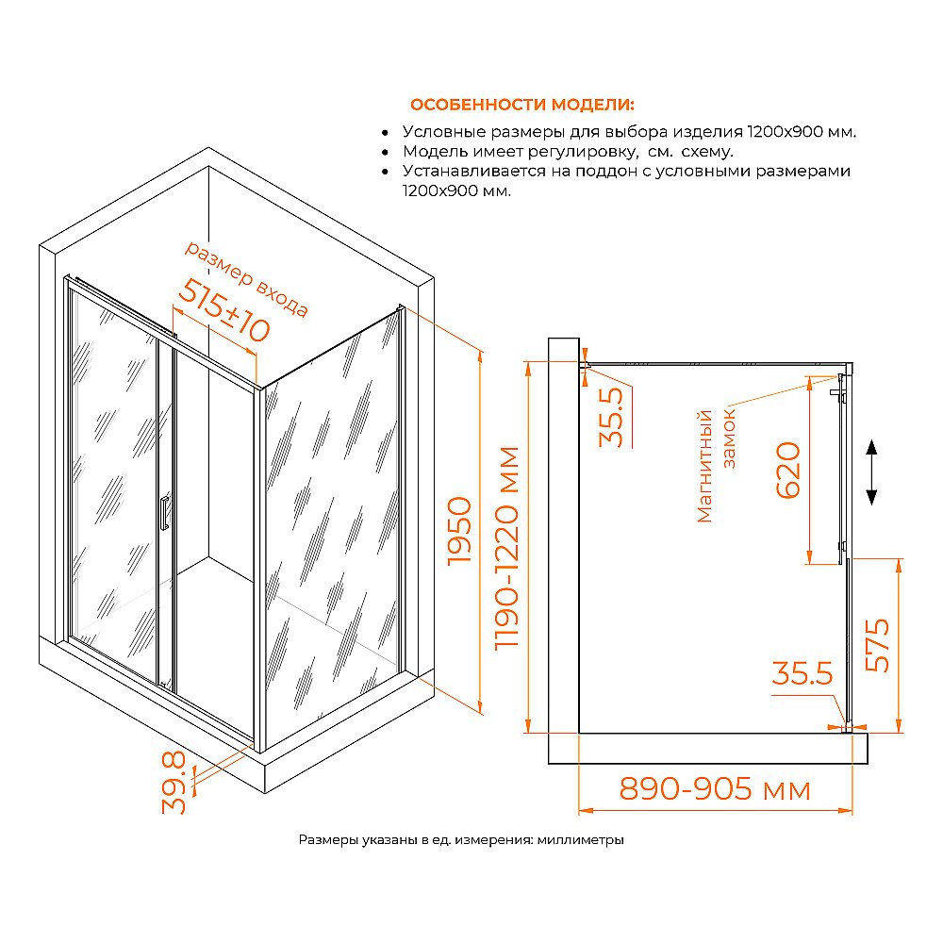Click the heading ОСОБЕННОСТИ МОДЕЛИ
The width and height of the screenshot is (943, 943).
tap(522, 105)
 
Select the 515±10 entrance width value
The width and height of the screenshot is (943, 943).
tap(223, 310)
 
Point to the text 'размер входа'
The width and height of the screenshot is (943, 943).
tap(246, 278)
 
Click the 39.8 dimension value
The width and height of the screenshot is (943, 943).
tap(174, 783)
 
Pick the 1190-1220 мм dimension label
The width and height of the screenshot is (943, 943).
tap(506, 548)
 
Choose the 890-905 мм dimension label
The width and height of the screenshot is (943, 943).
tap(715, 788)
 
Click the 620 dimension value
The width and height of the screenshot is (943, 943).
tap(788, 471)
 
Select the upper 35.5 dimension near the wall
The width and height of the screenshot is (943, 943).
tap(611, 418)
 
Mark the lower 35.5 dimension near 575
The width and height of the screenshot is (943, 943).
tap(802, 673)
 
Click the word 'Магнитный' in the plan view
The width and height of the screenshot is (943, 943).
tap(704, 466)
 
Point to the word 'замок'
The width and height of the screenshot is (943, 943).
tap(729, 438)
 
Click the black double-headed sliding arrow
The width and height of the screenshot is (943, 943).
tap(871, 472)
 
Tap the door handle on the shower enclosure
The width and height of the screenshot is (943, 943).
tap(164, 512)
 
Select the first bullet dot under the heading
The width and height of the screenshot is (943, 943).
tap(386, 132)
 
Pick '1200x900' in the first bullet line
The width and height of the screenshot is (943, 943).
tap(785, 132)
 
